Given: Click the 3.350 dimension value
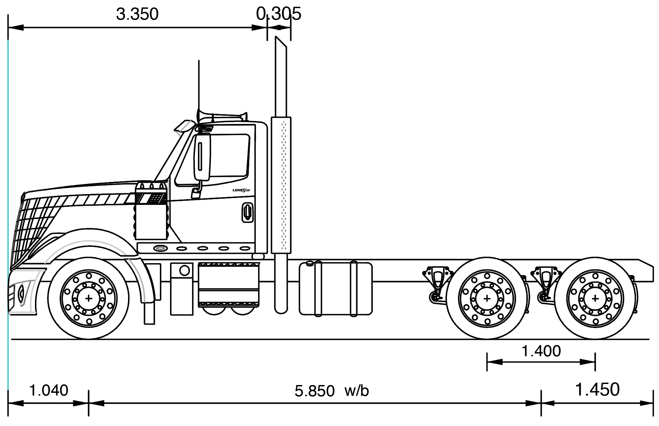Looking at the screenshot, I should pyautogui.click(x=137, y=15).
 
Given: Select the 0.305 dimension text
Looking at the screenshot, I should pyautogui.click(x=278, y=14).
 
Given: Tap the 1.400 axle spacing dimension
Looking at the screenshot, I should pyautogui.click(x=541, y=351).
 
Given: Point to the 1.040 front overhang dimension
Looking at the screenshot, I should pyautogui.click(x=49, y=390).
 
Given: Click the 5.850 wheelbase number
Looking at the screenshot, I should pyautogui.click(x=315, y=391).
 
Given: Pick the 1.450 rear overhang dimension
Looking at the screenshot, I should pyautogui.click(x=597, y=389).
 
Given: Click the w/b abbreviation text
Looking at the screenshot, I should pyautogui.click(x=357, y=391).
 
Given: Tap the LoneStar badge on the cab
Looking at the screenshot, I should pyautogui.click(x=241, y=190).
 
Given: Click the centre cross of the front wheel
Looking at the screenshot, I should pyautogui.click(x=89, y=298).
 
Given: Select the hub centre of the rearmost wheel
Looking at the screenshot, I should pyautogui.click(x=595, y=298).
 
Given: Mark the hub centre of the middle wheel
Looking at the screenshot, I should pyautogui.click(x=487, y=298).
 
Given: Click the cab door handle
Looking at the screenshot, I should pyautogui.click(x=248, y=213).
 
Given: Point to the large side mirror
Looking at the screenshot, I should pyautogui.click(x=202, y=156).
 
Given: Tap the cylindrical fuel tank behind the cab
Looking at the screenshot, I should pyautogui.click(x=336, y=288).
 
